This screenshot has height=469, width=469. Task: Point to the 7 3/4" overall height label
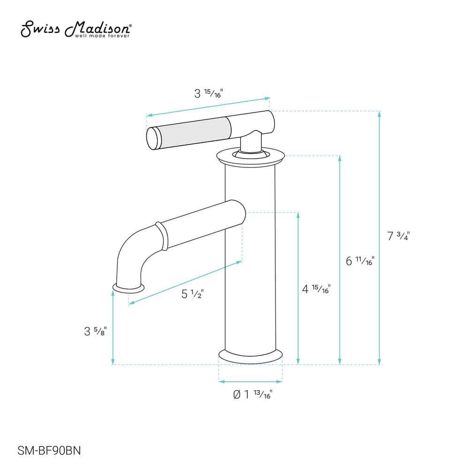[x=399, y=236]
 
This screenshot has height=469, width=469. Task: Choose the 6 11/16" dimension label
[x=360, y=261]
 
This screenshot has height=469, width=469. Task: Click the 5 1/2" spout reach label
[x=192, y=294]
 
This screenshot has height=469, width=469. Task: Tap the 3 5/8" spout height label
[x=96, y=331]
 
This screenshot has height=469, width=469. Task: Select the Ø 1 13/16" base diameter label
[x=252, y=395]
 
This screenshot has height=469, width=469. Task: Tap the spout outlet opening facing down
[x=128, y=287]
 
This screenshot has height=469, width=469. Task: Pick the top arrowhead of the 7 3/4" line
[x=379, y=114]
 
